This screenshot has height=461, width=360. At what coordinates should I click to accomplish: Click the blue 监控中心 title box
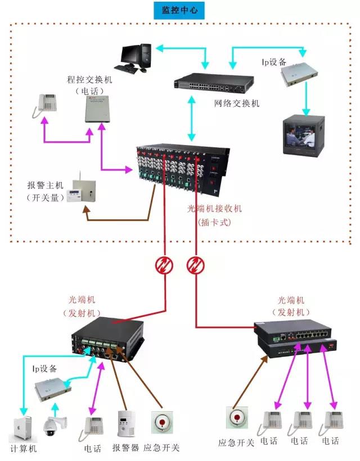click(x=179, y=10)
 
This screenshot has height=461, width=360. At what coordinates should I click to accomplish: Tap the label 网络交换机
click(x=237, y=104)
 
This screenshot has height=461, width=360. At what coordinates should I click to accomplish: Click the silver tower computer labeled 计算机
click(x=22, y=430)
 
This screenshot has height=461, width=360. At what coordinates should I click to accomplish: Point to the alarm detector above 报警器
click(x=125, y=424)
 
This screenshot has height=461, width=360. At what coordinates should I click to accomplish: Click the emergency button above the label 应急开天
click(x=236, y=419)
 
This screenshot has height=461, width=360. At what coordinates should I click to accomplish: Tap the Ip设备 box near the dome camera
click(x=52, y=389)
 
